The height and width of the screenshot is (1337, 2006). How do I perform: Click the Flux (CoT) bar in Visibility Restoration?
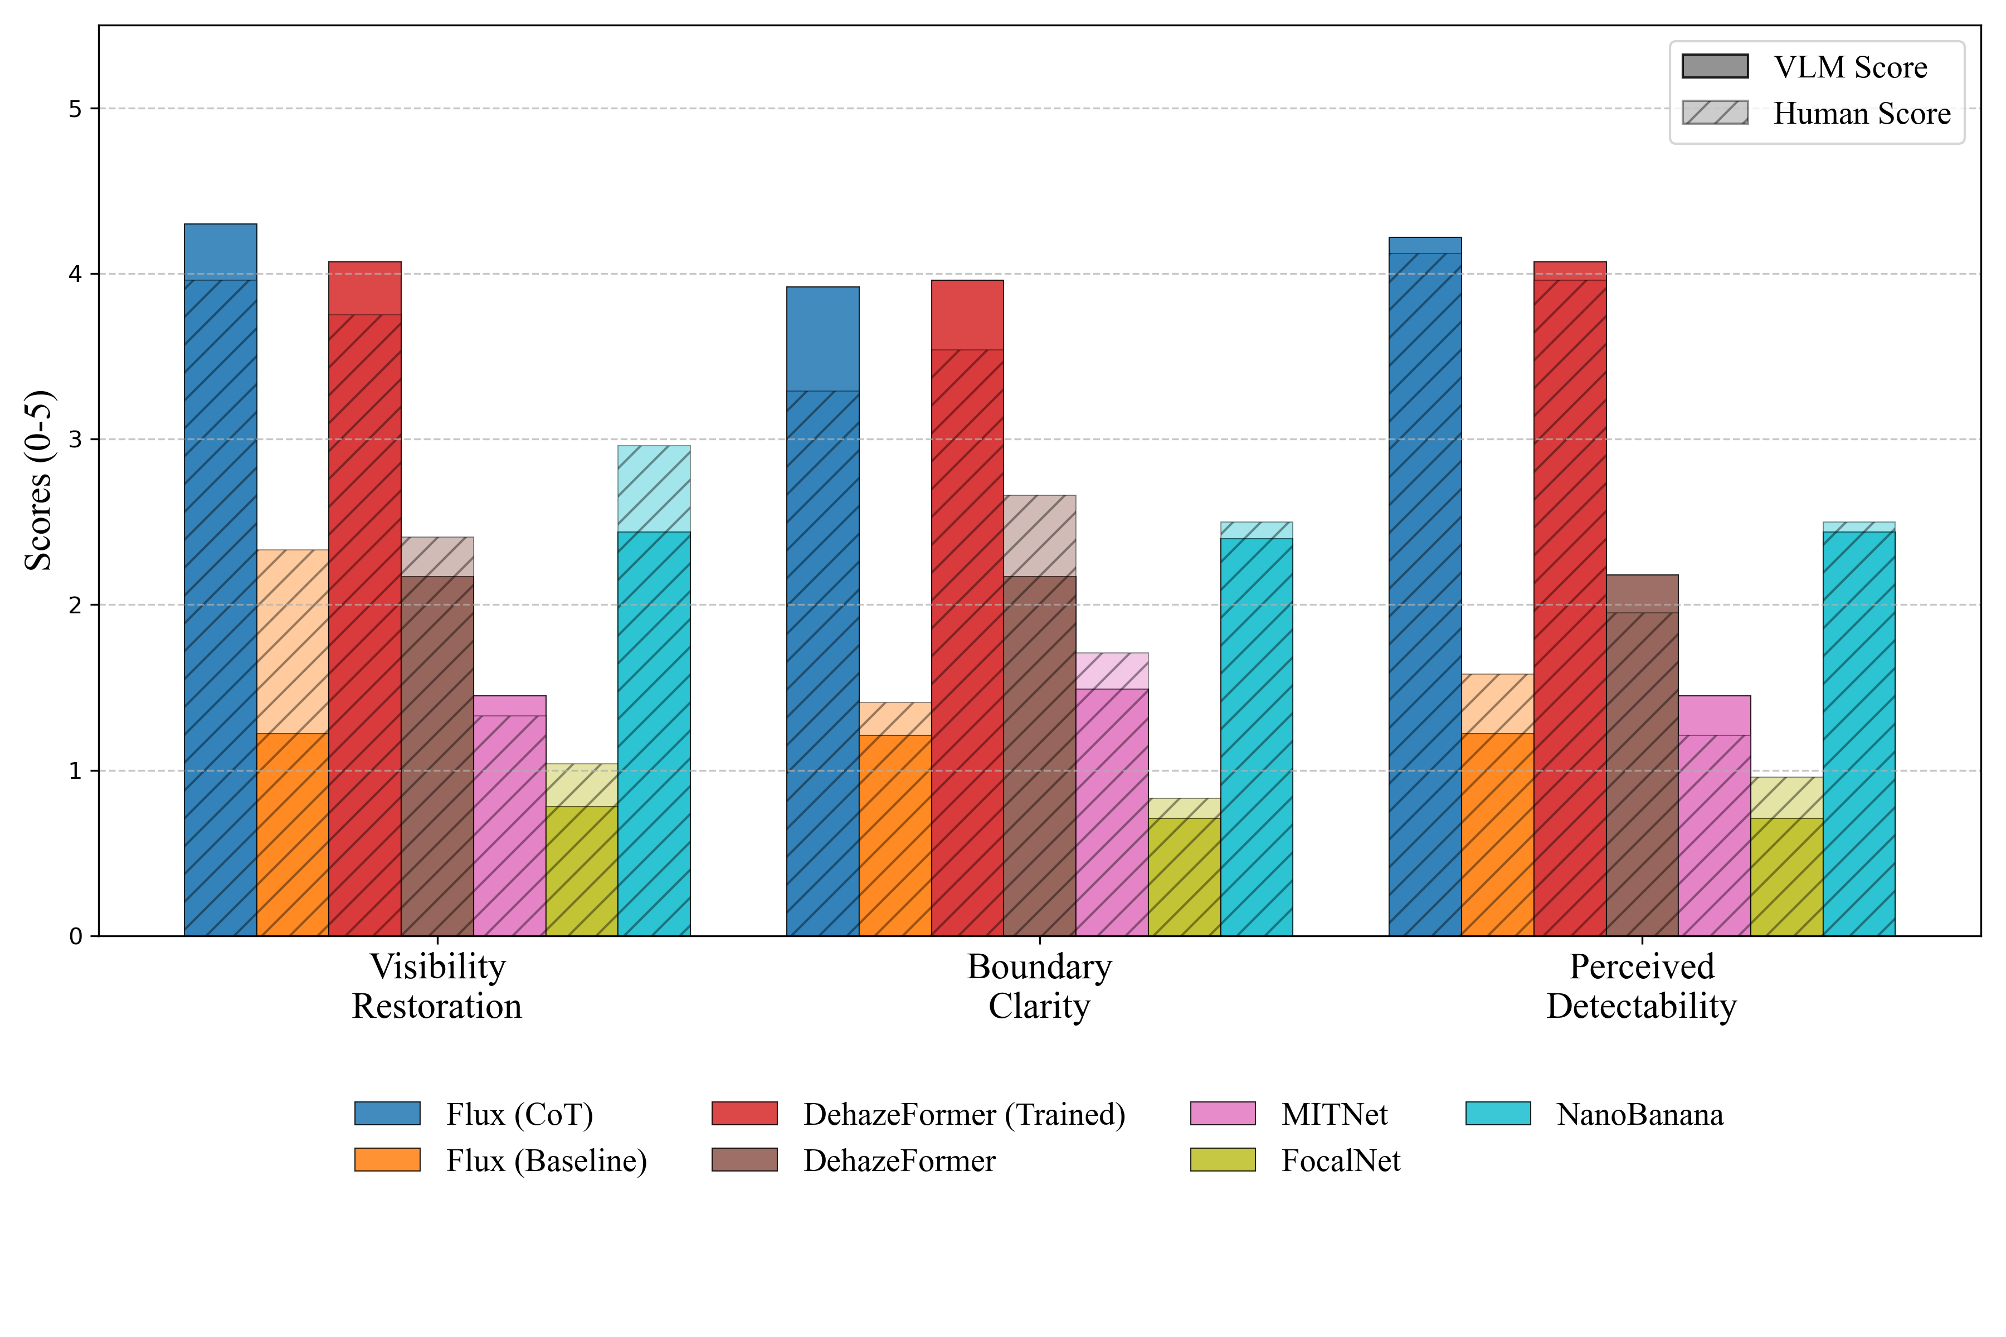pyautogui.click(x=220, y=597)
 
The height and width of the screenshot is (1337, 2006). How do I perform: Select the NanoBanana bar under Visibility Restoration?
pyautogui.click(x=654, y=725)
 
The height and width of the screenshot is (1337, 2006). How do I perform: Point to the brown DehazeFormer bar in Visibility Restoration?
pyautogui.click(x=437, y=750)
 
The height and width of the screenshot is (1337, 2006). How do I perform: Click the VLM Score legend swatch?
pyautogui.click(x=1715, y=66)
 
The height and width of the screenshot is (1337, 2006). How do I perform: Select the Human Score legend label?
pyautogui.click(x=1862, y=114)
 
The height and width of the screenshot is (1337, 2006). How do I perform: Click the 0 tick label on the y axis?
pyautogui.click(x=76, y=936)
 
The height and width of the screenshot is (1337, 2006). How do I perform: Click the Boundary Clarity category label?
pyautogui.click(x=1039, y=987)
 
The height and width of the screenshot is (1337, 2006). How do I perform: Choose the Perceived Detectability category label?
pyautogui.click(x=1641, y=987)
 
